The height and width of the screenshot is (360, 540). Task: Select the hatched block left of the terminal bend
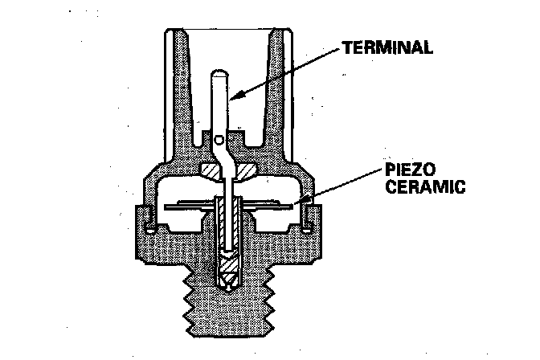point(209,171)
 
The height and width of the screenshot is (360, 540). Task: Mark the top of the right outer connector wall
point(288,34)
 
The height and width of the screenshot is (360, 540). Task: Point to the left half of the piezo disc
point(189,207)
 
